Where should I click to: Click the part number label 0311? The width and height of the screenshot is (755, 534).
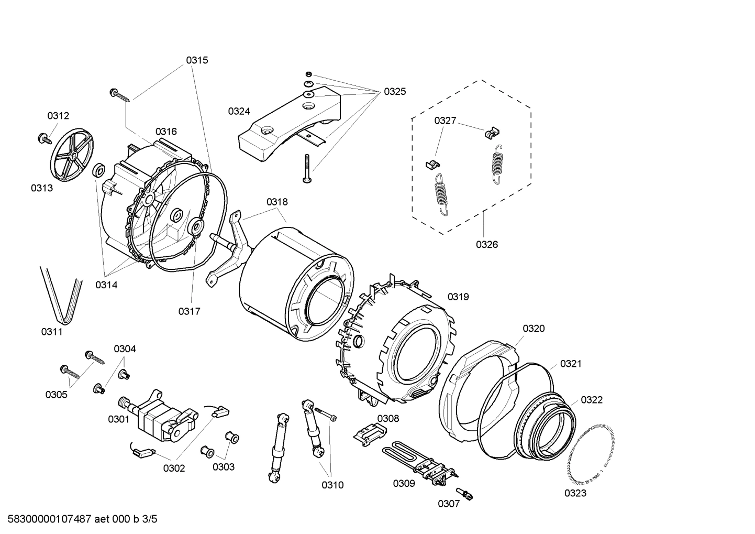pyautogui.click(x=52, y=332)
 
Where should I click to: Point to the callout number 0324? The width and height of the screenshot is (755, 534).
pyautogui.click(x=239, y=111)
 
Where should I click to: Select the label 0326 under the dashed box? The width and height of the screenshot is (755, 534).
pyautogui.click(x=486, y=244)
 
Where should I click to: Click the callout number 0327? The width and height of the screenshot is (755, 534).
pyautogui.click(x=445, y=121)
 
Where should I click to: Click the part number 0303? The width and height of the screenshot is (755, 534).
pyautogui.click(x=223, y=467)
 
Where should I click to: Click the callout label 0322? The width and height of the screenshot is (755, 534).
pyautogui.click(x=592, y=400)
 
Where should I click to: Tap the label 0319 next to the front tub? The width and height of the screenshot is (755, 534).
pyautogui.click(x=458, y=297)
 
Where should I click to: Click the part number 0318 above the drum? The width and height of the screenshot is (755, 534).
pyautogui.click(x=276, y=202)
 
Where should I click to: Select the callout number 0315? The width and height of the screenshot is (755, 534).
pyautogui.click(x=197, y=60)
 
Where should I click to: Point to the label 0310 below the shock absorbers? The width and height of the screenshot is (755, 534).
pyautogui.click(x=332, y=485)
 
